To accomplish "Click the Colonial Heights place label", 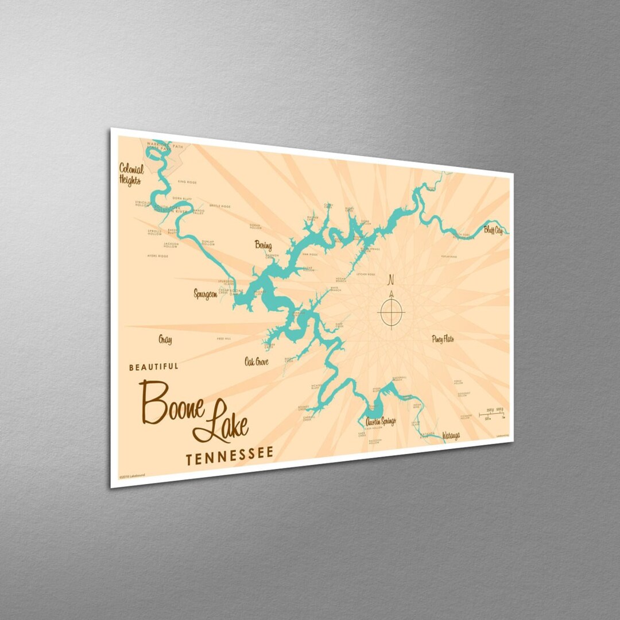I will (130, 173).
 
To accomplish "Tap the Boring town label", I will (263, 246).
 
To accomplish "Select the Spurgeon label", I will (206, 294).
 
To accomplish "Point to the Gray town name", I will (165, 340).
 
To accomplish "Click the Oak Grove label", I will (256, 362).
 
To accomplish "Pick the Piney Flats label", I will (443, 339).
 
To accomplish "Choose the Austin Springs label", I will (380, 422).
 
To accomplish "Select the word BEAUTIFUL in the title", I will (154, 366).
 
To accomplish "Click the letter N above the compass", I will (392, 280).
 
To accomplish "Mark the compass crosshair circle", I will (392, 312).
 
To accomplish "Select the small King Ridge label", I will (187, 182).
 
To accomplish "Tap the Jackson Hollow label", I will (170, 245).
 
